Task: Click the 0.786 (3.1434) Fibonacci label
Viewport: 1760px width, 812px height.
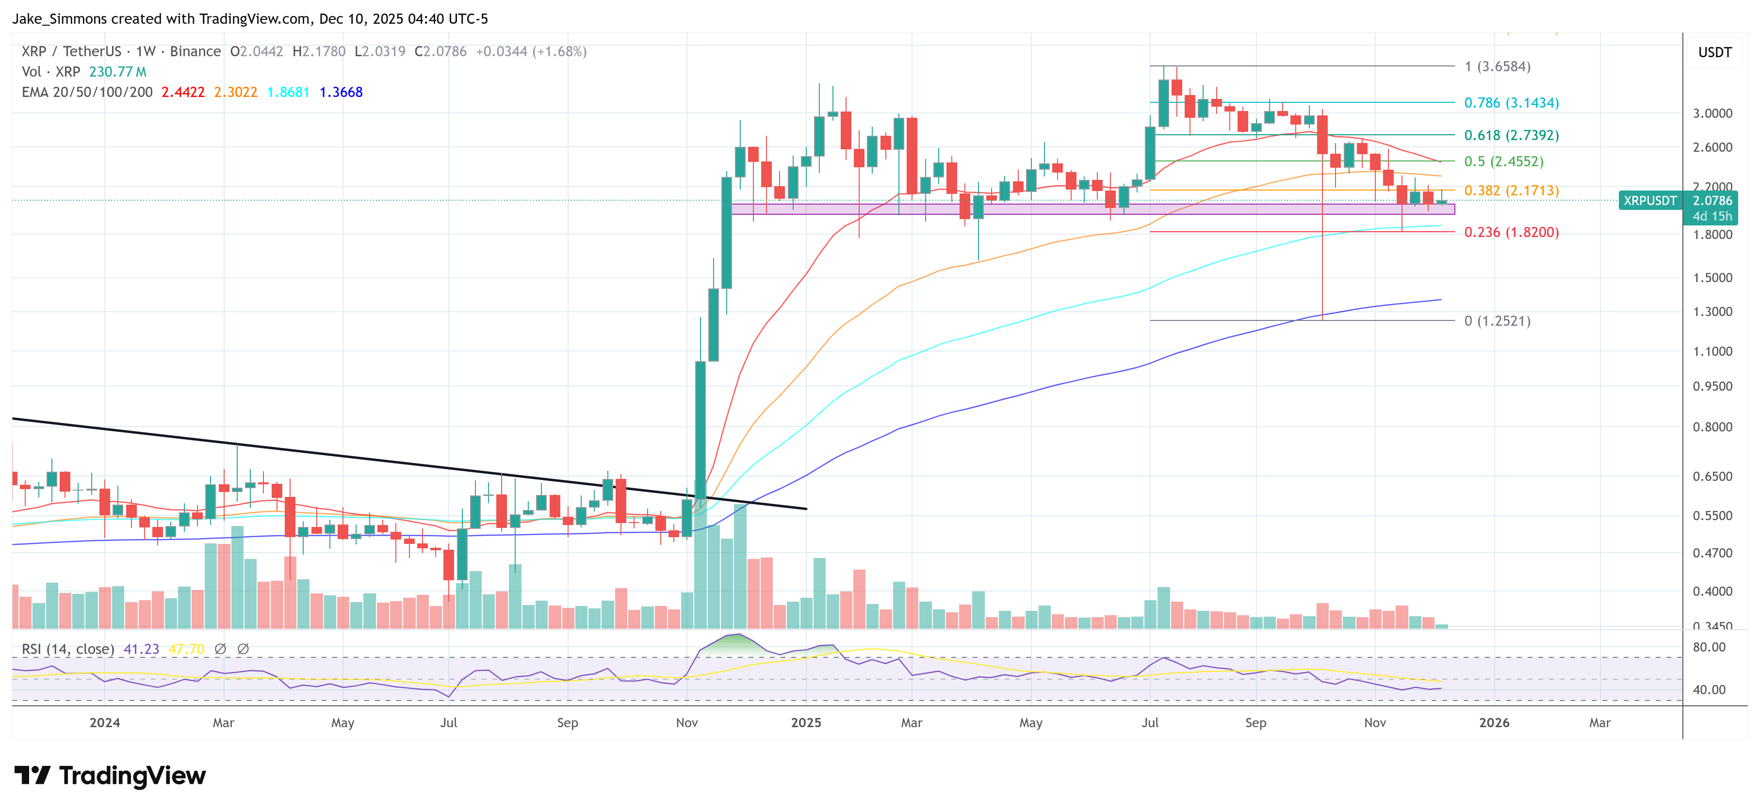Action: (1511, 103)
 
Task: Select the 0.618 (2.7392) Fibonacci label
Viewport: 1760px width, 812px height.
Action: (1511, 135)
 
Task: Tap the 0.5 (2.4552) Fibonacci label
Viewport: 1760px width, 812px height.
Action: (1503, 162)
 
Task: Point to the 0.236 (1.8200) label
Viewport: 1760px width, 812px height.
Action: (1511, 232)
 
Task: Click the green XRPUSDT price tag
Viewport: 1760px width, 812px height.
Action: (1649, 201)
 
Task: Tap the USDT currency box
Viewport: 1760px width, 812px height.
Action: (1714, 52)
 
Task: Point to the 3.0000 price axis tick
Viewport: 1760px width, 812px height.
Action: (1711, 113)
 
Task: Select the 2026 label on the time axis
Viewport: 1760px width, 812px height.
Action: (1494, 722)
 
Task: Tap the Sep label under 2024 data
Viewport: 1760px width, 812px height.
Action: (567, 722)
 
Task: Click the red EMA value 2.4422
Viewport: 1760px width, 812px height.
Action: (182, 92)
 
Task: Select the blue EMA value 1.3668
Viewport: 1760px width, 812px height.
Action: (341, 92)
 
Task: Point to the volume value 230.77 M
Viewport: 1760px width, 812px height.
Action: (117, 72)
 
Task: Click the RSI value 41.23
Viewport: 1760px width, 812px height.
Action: (141, 649)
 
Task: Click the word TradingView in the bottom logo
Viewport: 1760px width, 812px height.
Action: (132, 776)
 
